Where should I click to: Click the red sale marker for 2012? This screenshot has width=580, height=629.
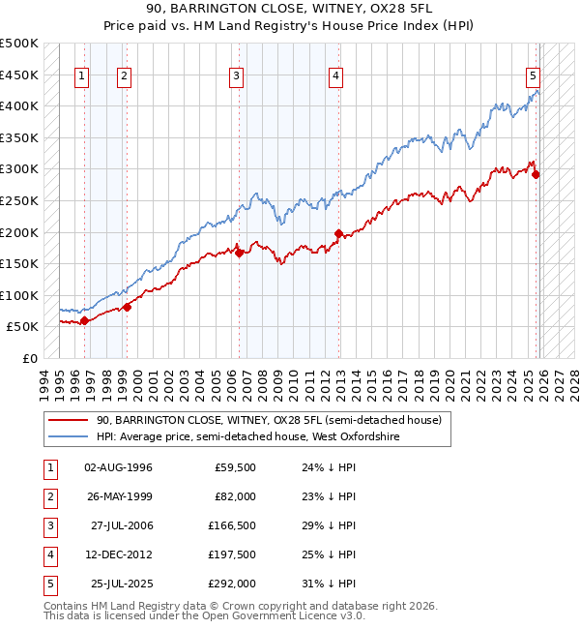[x=338, y=233]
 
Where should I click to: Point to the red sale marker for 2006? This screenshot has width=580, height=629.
[x=240, y=254]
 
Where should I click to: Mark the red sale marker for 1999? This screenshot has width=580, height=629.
[x=127, y=307]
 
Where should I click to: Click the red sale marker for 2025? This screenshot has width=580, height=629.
[x=536, y=175]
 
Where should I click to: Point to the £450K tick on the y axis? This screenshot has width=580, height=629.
[x=19, y=75]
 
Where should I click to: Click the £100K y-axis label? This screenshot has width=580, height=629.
[x=19, y=295]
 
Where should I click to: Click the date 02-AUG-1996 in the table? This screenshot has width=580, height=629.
[x=118, y=467]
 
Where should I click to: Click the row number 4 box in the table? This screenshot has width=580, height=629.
[x=49, y=554]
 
